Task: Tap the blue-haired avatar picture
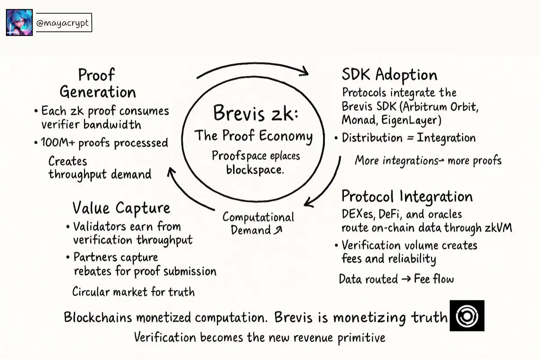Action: point(19,22)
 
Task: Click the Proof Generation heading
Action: point(97,83)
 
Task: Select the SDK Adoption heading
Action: point(389,75)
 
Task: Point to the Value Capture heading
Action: point(121,208)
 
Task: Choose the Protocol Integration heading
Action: point(407,197)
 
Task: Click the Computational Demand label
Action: point(258,224)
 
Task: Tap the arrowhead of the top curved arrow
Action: point(304,71)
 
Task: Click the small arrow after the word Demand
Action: point(279,230)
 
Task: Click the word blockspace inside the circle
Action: point(255,170)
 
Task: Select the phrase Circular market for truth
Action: point(134,292)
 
